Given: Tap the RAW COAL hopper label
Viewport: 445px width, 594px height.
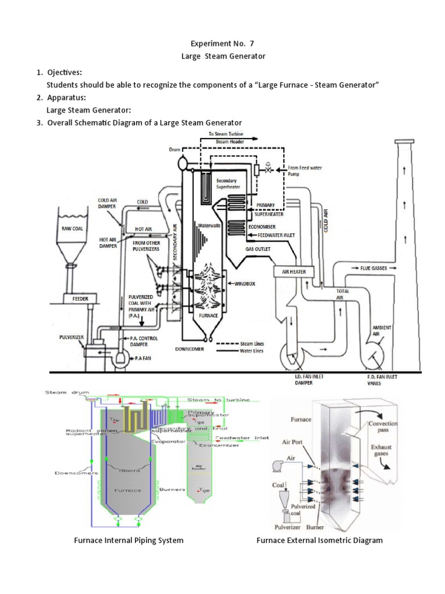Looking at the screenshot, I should pos(73,229).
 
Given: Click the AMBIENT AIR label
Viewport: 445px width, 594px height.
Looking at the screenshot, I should pos(382,330).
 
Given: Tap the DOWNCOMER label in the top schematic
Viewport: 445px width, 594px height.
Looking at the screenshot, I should pos(190,350).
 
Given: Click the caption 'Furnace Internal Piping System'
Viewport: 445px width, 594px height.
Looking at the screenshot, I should pos(129,540).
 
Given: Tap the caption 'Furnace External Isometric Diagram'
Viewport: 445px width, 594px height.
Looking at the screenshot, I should pos(319,540).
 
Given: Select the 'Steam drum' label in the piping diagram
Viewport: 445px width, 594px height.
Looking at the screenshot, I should pos(63,393).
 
